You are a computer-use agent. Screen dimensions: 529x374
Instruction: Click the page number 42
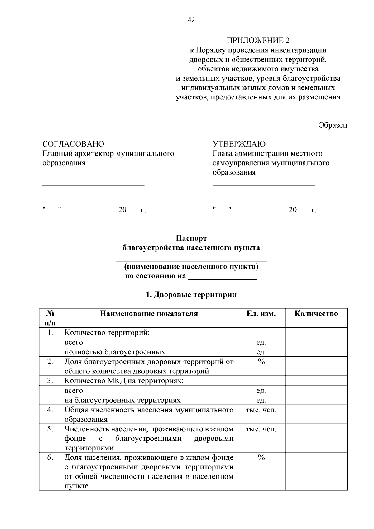[x=191, y=20]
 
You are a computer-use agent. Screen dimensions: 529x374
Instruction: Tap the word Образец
[x=332, y=125]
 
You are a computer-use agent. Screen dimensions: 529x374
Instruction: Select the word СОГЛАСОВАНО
[x=73, y=144]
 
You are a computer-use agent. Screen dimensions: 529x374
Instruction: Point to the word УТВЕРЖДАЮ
[x=239, y=144]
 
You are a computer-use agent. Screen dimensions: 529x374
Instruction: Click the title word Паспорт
[x=191, y=238]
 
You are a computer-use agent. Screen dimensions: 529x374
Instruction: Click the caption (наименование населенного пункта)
[x=191, y=267]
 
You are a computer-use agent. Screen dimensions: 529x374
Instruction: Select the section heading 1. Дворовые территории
[x=191, y=295]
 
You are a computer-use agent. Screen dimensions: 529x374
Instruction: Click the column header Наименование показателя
[x=149, y=314]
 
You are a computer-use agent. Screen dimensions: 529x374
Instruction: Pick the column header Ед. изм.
[x=261, y=314]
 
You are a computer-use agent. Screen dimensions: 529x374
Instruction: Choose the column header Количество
[x=316, y=314]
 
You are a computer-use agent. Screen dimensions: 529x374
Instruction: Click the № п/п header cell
[x=50, y=318]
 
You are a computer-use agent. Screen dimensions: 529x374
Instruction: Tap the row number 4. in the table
[x=50, y=410]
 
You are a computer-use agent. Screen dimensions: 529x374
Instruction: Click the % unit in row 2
[x=261, y=362]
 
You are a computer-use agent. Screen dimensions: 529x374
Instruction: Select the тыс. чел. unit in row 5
[x=261, y=429]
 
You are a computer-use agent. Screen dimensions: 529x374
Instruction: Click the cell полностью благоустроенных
[x=115, y=352]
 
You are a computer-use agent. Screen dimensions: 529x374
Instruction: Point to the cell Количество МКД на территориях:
[x=124, y=381]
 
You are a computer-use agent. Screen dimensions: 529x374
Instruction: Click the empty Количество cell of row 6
[x=316, y=471]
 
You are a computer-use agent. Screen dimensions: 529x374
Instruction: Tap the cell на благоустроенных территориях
[x=122, y=400]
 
